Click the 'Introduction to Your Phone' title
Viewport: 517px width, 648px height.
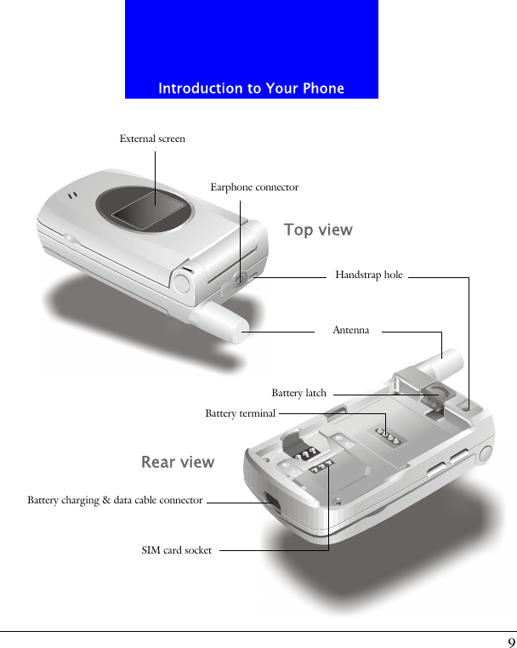(251, 88)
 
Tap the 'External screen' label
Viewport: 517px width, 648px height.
(152, 139)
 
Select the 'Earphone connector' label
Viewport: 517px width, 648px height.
(254, 187)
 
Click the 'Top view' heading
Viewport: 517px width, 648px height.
(318, 230)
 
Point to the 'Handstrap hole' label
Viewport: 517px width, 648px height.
(369, 275)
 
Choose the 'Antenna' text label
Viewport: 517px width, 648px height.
(351, 330)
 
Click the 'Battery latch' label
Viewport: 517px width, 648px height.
(298, 393)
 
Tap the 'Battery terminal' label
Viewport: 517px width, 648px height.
(241, 413)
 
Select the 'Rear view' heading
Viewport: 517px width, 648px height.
(178, 463)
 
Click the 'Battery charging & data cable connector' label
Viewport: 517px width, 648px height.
(115, 500)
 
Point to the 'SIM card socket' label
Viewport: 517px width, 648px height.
(177, 550)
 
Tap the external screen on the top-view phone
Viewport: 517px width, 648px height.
(153, 213)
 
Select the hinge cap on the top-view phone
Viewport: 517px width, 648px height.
(183, 282)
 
